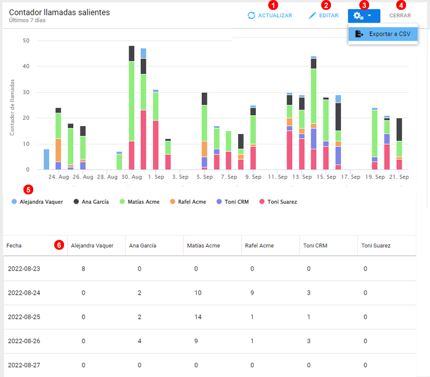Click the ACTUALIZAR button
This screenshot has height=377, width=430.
pyautogui.click(x=269, y=15)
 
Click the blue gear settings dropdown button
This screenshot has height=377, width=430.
pyautogui.click(x=364, y=15)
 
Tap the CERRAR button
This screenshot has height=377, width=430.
pyautogui.click(x=400, y=15)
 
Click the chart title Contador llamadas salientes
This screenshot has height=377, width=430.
pyautogui.click(x=60, y=12)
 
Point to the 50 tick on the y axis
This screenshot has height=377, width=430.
pyautogui.click(x=26, y=41)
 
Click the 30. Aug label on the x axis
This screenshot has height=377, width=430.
pyautogui.click(x=132, y=177)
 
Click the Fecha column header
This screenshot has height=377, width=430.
pyautogui.click(x=14, y=245)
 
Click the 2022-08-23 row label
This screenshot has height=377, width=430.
pyautogui.click(x=24, y=268)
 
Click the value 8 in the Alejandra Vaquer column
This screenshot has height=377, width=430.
pyautogui.click(x=84, y=268)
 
